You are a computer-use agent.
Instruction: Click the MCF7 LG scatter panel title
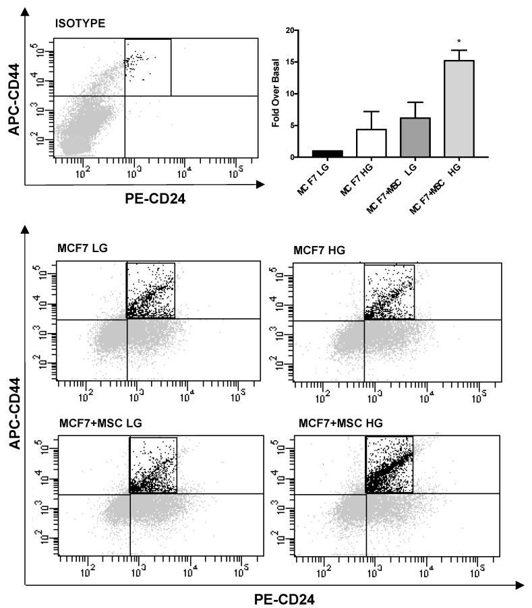click(83, 248)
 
